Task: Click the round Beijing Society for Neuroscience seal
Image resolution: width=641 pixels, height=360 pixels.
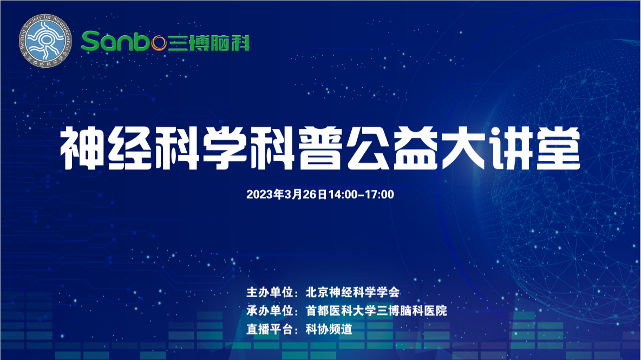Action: click(45, 41)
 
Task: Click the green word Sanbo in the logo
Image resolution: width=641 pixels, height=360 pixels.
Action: click(124, 41)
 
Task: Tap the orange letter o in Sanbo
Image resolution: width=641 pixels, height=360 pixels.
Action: click(159, 43)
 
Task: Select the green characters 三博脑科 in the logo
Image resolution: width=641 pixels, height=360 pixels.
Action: click(209, 43)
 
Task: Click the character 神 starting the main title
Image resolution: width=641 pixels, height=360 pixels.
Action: click(82, 148)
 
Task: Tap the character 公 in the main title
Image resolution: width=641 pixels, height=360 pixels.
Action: click(368, 148)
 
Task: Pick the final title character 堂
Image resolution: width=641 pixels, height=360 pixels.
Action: click(558, 148)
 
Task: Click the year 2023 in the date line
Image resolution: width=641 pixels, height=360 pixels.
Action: click(259, 194)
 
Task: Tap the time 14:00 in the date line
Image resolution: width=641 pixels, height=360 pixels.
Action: click(343, 194)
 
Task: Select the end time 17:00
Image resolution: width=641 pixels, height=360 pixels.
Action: click(380, 194)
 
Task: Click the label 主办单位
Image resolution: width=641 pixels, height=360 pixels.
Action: click(270, 292)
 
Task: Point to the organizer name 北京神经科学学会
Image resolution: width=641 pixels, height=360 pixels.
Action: click(352, 292)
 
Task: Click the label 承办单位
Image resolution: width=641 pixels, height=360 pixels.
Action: click(270, 311)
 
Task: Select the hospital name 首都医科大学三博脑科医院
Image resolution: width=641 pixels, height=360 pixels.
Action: click(376, 311)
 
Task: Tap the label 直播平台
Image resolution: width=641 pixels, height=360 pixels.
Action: click(270, 329)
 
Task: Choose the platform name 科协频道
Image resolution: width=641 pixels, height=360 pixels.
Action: click(329, 329)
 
